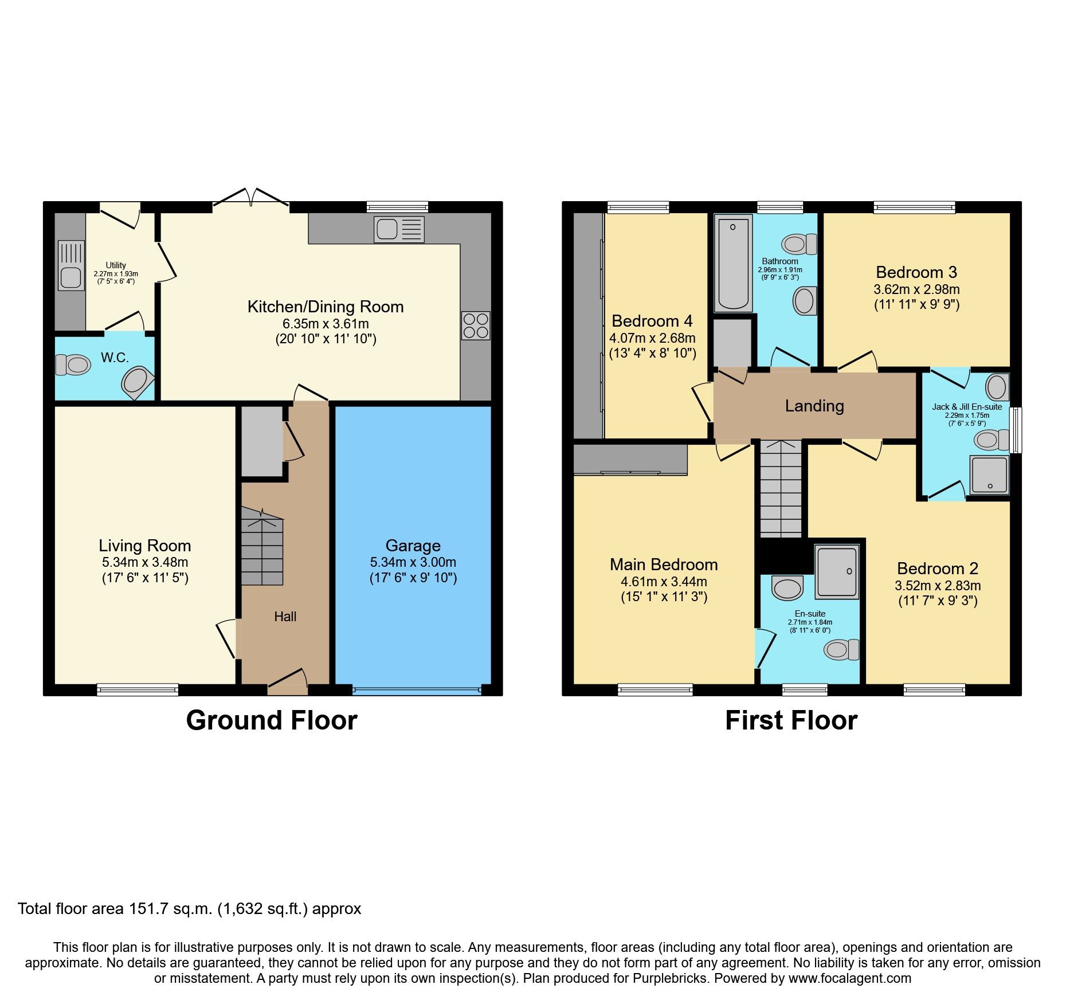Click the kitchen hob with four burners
pos(476,326)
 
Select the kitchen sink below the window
pos(399,229)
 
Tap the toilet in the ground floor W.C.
pos(73,364)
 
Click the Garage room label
pos(413,545)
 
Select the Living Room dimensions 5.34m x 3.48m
pos(145,562)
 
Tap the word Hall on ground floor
pos(285,617)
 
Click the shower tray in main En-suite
pos(837,571)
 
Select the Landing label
pos(814,406)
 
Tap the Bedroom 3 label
pos(916,272)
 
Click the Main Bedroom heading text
pos(664,564)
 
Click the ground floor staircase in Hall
pos(262,547)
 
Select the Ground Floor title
pos(272,720)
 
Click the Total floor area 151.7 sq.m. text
pos(189,909)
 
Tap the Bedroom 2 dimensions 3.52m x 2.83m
pos(937,586)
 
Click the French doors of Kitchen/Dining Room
pos(251,198)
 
